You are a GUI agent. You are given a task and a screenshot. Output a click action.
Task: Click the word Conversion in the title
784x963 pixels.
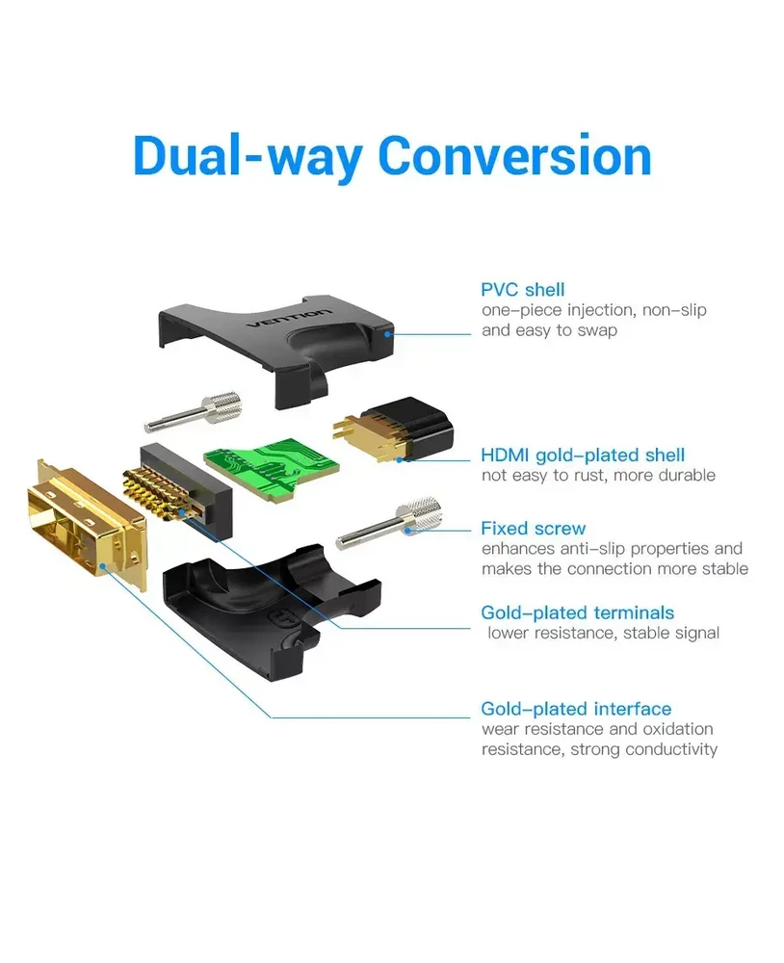pyautogui.click(x=514, y=155)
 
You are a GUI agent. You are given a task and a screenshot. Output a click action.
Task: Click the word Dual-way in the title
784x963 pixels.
pyautogui.click(x=247, y=157)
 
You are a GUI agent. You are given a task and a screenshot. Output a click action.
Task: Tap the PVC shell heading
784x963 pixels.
pyautogui.click(x=522, y=289)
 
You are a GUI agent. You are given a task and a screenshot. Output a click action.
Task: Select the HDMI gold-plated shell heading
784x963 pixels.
pyautogui.click(x=583, y=455)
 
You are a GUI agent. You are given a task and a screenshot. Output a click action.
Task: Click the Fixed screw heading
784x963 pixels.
pyautogui.click(x=534, y=528)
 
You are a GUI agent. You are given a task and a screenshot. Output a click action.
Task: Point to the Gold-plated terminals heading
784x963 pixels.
pyautogui.click(x=578, y=612)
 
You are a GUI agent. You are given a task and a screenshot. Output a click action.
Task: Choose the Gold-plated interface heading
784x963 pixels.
pyautogui.click(x=576, y=709)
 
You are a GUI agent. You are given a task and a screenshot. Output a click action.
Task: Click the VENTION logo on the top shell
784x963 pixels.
pyautogui.click(x=289, y=318)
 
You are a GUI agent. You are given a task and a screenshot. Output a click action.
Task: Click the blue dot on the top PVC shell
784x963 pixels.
pyautogui.click(x=387, y=334)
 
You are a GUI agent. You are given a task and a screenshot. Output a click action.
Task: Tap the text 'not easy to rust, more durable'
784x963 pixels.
pyautogui.click(x=598, y=476)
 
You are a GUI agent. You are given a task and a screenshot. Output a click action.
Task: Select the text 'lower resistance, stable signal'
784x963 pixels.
pyautogui.click(x=603, y=634)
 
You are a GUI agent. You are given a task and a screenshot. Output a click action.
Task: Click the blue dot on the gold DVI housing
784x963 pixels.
pyautogui.click(x=103, y=567)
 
